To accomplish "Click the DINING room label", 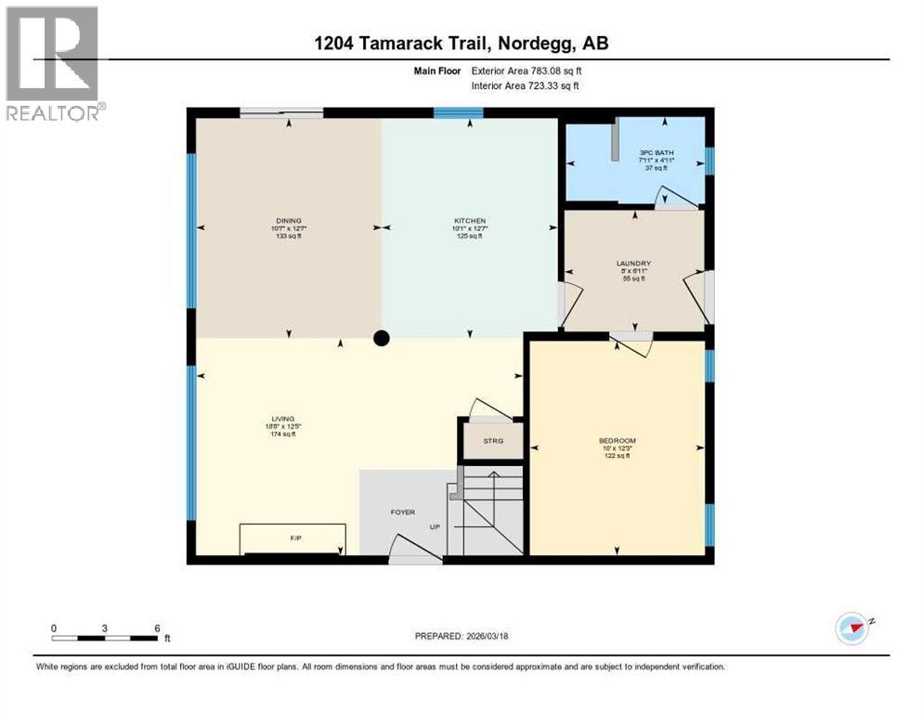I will pyautogui.click(x=287, y=221).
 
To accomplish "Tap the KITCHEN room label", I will pyautogui.click(x=470, y=221).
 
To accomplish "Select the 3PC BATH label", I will pyautogui.click(x=656, y=152).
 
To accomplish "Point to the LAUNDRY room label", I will pyautogui.click(x=634, y=264).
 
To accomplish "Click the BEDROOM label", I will pyautogui.click(x=617, y=440).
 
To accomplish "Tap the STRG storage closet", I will pyautogui.click(x=492, y=440).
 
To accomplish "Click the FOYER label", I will pyautogui.click(x=402, y=512).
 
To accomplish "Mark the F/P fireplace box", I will pyautogui.click(x=293, y=538).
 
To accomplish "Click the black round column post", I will pyautogui.click(x=381, y=338).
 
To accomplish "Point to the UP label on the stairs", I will pyautogui.click(x=435, y=527).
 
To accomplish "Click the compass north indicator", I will pyautogui.click(x=852, y=628).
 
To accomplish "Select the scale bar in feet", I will pyautogui.click(x=104, y=638).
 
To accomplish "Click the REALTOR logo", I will pyautogui.click(x=52, y=63).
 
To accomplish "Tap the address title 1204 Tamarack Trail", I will pyautogui.click(x=461, y=44).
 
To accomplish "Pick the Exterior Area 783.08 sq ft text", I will pyautogui.click(x=526, y=71).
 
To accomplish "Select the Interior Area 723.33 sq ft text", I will pyautogui.click(x=526, y=86).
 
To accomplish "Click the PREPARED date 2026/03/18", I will pyautogui.click(x=461, y=637).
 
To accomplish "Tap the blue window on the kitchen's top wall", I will pyautogui.click(x=458, y=113).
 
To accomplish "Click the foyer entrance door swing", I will pyautogui.click(x=409, y=550).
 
